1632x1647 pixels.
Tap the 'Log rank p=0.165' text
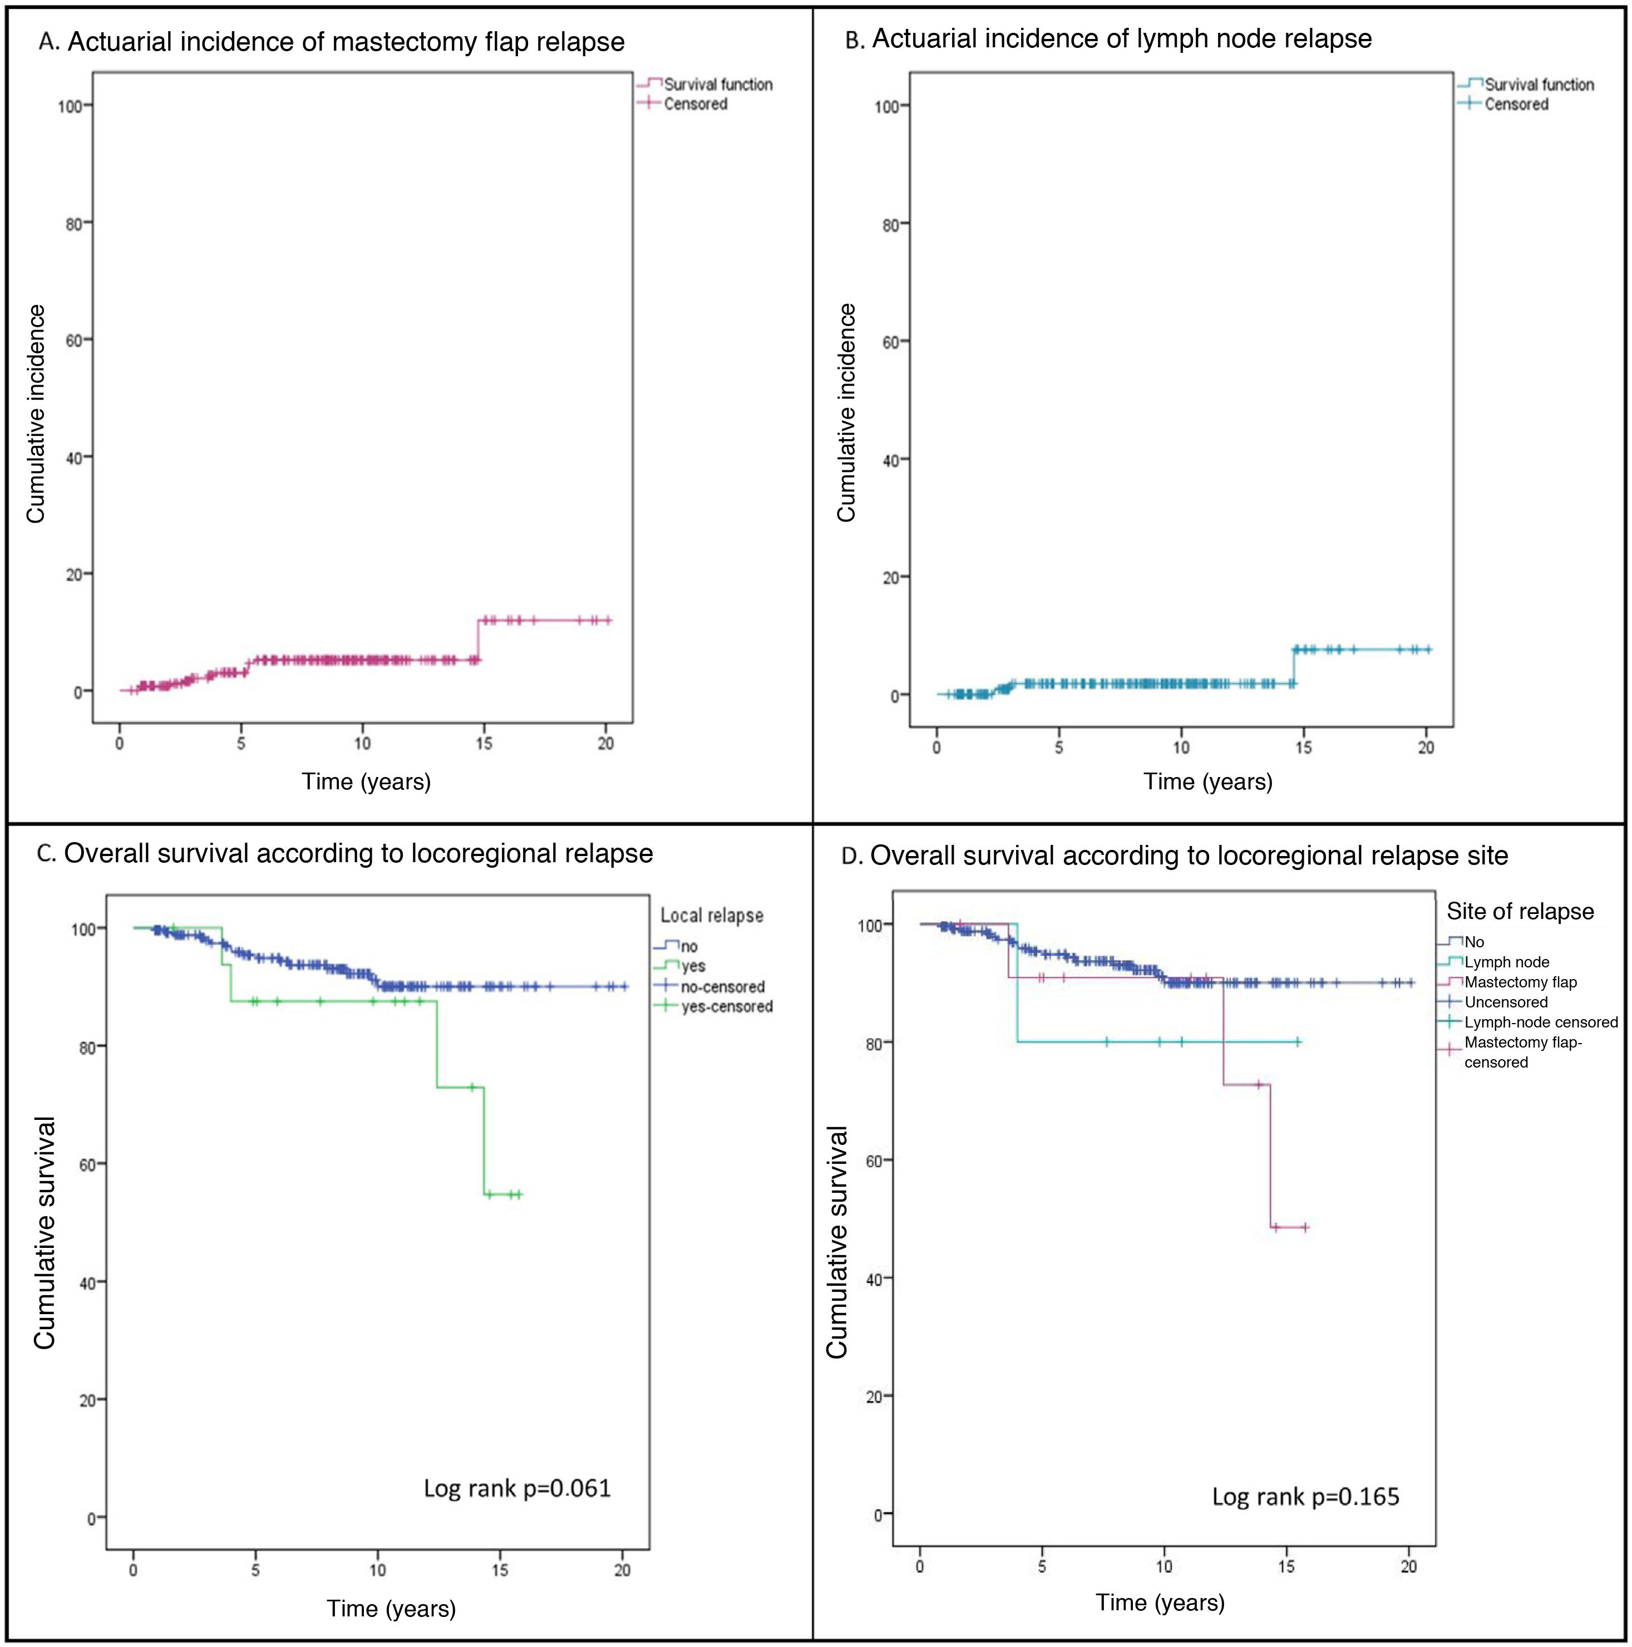[1305, 1497]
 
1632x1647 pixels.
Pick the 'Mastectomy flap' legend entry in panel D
[1520, 982]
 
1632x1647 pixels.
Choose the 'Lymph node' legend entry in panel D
[1507, 962]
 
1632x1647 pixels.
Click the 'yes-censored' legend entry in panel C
[726, 1007]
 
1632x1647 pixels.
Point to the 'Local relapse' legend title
[712, 916]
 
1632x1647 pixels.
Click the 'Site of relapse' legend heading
[1520, 911]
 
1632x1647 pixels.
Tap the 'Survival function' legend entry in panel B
[1539, 85]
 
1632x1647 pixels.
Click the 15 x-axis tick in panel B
[1303, 748]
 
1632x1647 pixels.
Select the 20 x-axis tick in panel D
[1409, 1567]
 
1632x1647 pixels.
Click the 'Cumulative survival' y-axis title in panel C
[45, 1233]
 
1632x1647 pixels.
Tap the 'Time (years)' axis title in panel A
[367, 781]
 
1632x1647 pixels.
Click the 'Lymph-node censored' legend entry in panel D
[1541, 1022]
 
